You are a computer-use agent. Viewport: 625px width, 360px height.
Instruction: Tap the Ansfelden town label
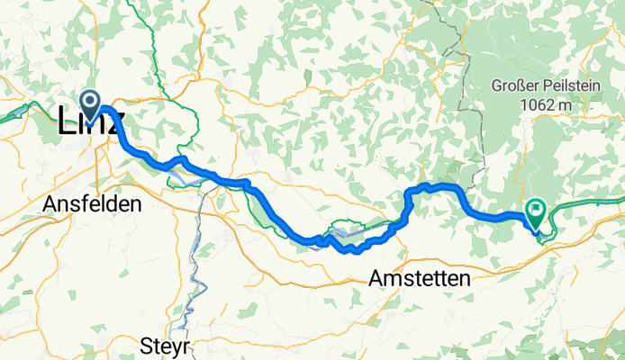coord(92,205)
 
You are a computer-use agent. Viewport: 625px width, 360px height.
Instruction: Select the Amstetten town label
coord(420,280)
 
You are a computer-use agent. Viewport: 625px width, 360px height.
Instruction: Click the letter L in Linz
coord(66,123)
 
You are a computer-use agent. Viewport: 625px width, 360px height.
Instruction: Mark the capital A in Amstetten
coord(376,280)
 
